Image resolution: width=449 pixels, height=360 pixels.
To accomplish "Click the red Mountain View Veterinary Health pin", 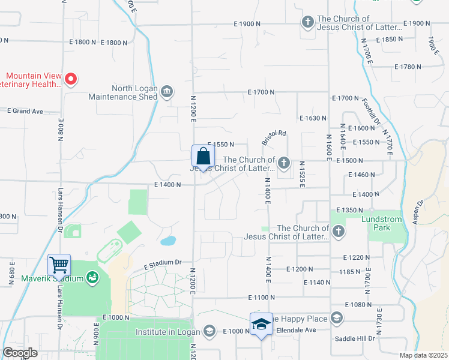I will (x=71, y=79).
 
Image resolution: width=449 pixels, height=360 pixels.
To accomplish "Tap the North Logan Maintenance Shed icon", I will (x=167, y=92).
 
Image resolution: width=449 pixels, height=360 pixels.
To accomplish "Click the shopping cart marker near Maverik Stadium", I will (x=59, y=265).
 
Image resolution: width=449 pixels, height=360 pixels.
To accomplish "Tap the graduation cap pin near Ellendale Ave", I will (x=261, y=324).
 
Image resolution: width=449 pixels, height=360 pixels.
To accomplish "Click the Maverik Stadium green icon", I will (x=92, y=278).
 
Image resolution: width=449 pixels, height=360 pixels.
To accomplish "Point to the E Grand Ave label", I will (x=25, y=111).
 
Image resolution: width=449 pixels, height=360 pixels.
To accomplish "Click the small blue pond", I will (x=168, y=241).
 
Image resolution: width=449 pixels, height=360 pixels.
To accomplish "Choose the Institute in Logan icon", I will (x=209, y=331).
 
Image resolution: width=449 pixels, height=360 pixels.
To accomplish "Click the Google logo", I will (x=20, y=353).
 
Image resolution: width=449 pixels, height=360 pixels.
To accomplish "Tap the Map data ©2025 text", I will (x=423, y=355).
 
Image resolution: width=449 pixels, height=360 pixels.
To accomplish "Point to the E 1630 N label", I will (x=313, y=118).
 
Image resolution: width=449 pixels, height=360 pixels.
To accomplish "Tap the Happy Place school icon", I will (x=336, y=318).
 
